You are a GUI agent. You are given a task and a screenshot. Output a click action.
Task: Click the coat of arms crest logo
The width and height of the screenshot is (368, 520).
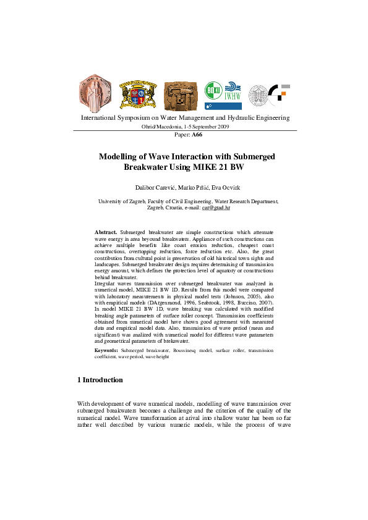[134, 94]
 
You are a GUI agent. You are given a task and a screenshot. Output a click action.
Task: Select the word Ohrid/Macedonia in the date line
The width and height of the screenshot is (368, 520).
[163, 126]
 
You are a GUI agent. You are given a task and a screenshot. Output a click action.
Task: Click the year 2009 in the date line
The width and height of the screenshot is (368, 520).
[221, 126]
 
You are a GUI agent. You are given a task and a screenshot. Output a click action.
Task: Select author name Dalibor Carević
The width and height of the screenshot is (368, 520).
[155, 187]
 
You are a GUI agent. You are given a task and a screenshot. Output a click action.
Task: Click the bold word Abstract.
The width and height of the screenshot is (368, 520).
[106, 230]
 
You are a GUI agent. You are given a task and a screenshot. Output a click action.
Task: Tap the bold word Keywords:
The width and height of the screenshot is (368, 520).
[106, 350]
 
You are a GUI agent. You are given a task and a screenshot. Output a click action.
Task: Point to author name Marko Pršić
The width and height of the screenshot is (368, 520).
[191, 187]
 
